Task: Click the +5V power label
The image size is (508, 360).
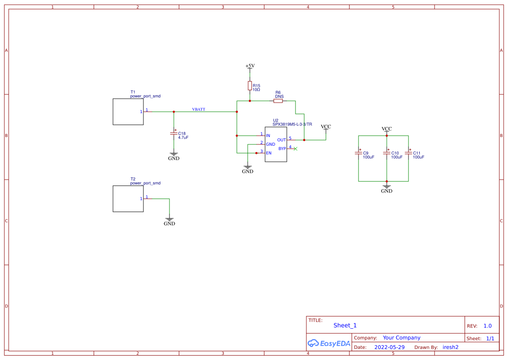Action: (250, 66)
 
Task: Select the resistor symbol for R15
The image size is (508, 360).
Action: (250, 86)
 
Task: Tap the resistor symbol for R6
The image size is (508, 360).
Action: (278, 101)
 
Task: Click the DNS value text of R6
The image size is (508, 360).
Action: (279, 97)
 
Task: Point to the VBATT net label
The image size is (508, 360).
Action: (199, 109)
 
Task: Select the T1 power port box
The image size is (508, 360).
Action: (128, 112)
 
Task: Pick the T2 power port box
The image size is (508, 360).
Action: (128, 199)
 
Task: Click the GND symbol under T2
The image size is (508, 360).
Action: (169, 221)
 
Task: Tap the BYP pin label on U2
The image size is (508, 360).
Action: (282, 149)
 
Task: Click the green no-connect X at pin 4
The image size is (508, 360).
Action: (296, 149)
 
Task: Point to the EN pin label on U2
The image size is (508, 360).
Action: (269, 153)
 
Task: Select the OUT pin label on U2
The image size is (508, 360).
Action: (282, 140)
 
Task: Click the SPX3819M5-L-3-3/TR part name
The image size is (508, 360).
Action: (292, 124)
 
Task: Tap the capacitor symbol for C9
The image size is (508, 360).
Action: (359, 153)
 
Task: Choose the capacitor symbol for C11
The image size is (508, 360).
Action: (408, 153)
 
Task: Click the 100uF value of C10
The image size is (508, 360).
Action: (397, 157)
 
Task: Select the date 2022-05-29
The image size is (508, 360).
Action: (389, 347)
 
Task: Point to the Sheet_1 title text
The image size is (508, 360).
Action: (345, 325)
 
